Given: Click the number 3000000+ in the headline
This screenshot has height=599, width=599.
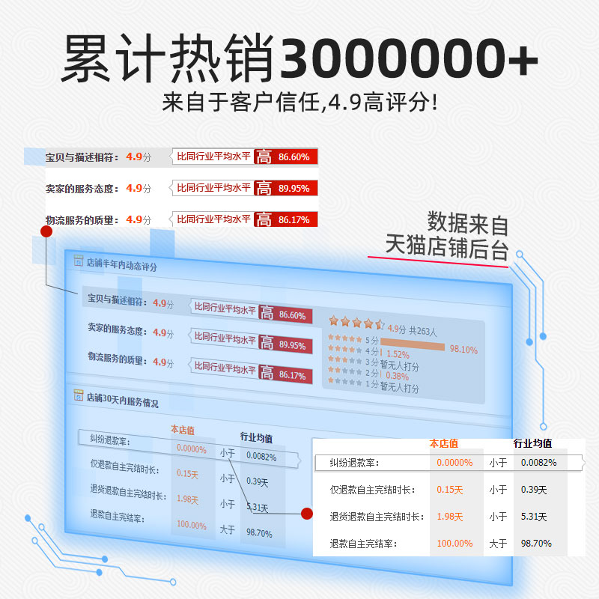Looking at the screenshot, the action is click(408, 58).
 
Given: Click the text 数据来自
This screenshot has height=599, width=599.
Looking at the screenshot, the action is click(468, 223).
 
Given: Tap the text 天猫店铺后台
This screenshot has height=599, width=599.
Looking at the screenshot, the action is click(447, 247).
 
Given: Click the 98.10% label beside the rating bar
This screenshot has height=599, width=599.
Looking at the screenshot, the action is click(463, 350).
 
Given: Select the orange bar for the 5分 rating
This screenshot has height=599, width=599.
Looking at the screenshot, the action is click(413, 346).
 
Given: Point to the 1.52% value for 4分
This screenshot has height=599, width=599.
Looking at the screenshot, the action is click(398, 354).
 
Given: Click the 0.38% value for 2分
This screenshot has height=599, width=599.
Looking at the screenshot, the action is click(397, 376).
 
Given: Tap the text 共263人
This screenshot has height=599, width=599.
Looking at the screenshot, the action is click(423, 330).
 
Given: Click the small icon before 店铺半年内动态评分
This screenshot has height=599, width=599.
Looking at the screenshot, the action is click(78, 261).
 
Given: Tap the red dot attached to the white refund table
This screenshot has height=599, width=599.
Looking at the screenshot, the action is click(306, 513).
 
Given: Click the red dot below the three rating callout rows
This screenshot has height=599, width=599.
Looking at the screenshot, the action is click(46, 231).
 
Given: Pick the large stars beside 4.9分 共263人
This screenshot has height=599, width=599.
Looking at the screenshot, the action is click(356, 323).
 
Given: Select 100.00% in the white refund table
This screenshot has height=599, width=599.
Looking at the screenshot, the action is click(454, 543).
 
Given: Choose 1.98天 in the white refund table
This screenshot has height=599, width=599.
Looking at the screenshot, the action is click(450, 517).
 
